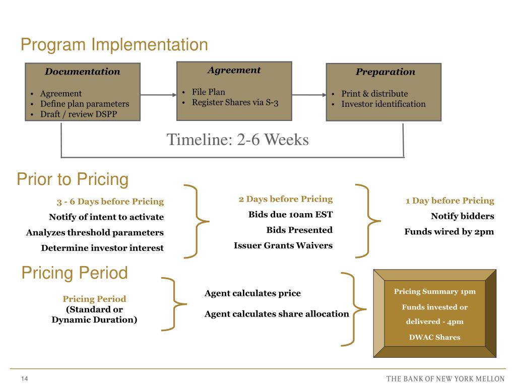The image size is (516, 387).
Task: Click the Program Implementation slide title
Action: tap(114, 45)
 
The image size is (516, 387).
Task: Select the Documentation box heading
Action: tap(83, 72)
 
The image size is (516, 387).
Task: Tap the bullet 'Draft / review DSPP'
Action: tap(79, 114)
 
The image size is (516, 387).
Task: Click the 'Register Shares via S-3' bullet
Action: tap(235, 102)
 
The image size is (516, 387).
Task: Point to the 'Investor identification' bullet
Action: tap(383, 104)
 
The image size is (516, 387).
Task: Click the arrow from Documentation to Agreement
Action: tap(158, 94)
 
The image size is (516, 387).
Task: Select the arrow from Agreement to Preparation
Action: tap(309, 94)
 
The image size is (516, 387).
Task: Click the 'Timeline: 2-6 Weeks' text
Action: tap(238, 140)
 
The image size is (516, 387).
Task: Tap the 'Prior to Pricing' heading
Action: tap(73, 179)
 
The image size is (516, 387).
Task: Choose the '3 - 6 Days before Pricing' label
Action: tap(110, 202)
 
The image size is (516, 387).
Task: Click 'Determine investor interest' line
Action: tap(102, 248)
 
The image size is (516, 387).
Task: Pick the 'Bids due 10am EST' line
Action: tap(290, 214)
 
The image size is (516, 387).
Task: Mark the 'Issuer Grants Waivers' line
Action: tap(283, 245)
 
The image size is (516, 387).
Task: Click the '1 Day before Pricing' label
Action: tap(449, 201)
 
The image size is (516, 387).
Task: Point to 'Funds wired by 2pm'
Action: tap(449, 232)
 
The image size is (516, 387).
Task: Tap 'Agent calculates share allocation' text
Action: tap(277, 314)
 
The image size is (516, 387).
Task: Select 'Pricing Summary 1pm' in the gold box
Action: tap(434, 291)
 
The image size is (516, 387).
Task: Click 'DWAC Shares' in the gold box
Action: tap(434, 337)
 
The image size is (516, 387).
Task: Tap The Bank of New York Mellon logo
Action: tap(445, 378)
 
